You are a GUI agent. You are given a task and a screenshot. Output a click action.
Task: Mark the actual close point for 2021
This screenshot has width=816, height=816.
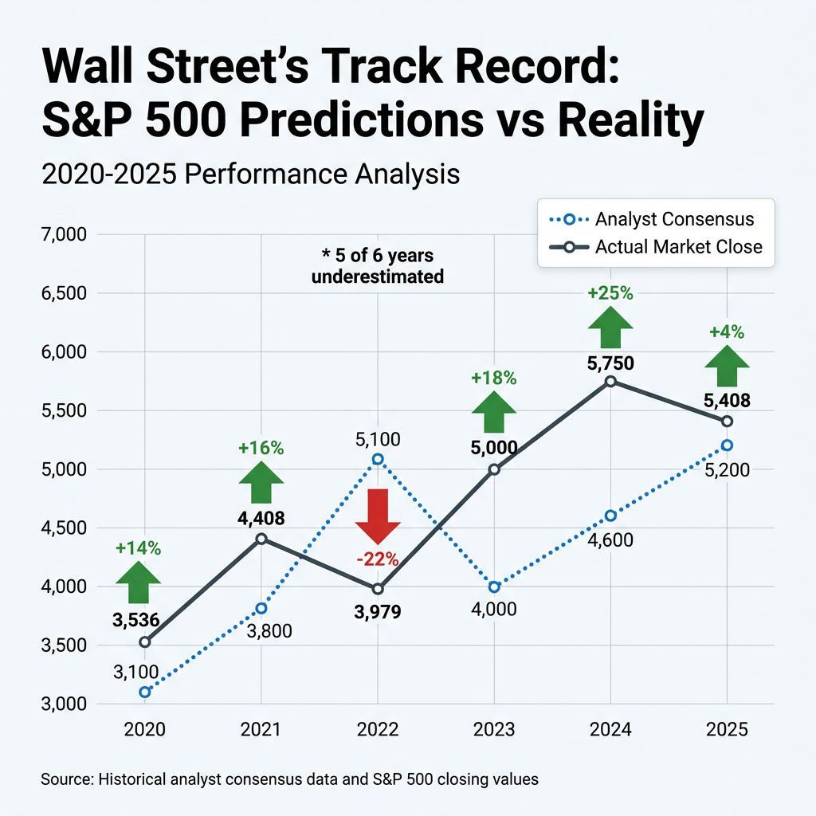point(261,539)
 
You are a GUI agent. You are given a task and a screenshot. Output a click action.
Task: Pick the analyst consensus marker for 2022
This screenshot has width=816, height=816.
point(378,459)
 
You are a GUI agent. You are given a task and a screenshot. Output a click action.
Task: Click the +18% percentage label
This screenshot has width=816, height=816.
point(494,378)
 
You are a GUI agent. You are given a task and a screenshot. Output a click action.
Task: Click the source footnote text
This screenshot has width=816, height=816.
point(289,779)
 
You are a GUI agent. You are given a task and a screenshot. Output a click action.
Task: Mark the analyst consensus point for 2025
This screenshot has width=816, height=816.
point(727,445)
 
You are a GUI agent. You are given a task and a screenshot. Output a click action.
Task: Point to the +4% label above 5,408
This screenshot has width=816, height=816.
point(727,332)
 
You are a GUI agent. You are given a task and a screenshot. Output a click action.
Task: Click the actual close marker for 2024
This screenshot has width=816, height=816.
point(610,381)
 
